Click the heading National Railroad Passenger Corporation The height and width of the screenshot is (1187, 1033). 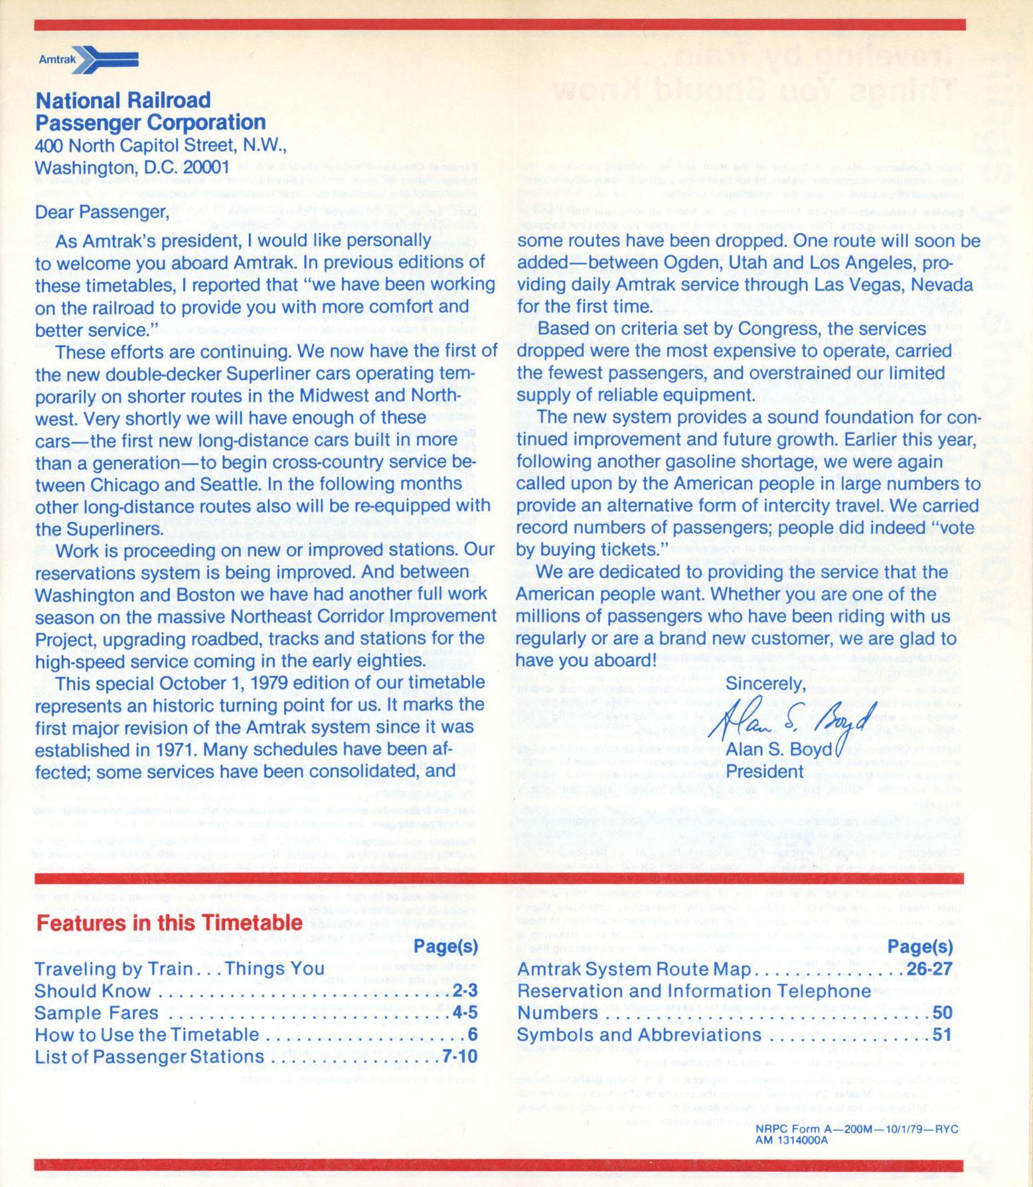coord(151,111)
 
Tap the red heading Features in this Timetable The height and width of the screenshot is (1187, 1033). coord(169,923)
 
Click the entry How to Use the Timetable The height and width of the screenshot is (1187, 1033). coord(147,1034)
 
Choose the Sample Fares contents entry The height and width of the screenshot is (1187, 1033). coord(96,1012)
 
